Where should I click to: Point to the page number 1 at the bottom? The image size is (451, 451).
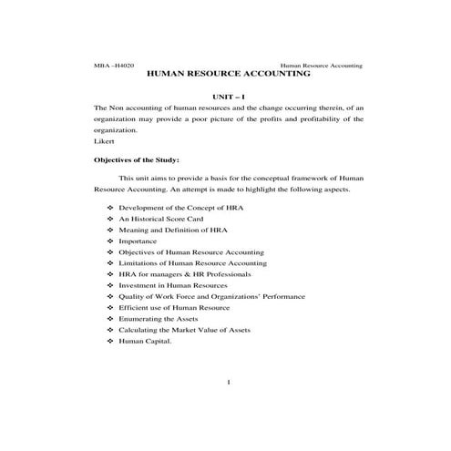227,381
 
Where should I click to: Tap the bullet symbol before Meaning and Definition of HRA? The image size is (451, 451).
109,230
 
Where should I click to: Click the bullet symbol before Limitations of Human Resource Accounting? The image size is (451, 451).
109,262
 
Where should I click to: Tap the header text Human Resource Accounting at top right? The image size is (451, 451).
321,66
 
